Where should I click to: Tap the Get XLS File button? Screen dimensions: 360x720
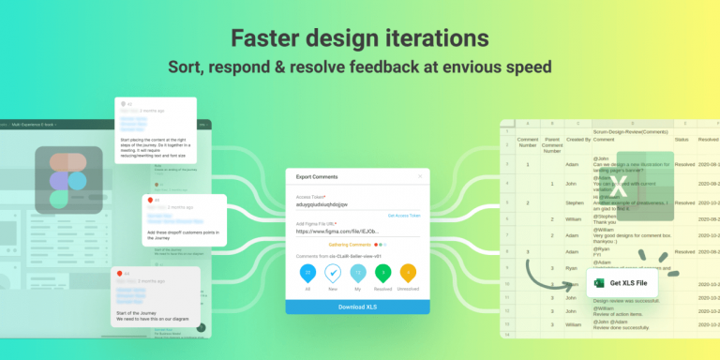point(622,283)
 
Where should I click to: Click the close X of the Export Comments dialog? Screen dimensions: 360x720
point(420,175)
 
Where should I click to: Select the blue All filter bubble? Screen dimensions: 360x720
point(307,272)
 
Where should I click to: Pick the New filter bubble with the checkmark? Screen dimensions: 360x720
point(333,272)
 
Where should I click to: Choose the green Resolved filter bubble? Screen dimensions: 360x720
point(382,272)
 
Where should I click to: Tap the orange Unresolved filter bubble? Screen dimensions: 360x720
point(408,272)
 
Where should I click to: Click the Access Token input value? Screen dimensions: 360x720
point(322,204)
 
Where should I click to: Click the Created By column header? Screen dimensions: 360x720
point(578,140)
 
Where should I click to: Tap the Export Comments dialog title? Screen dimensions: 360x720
point(320,175)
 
